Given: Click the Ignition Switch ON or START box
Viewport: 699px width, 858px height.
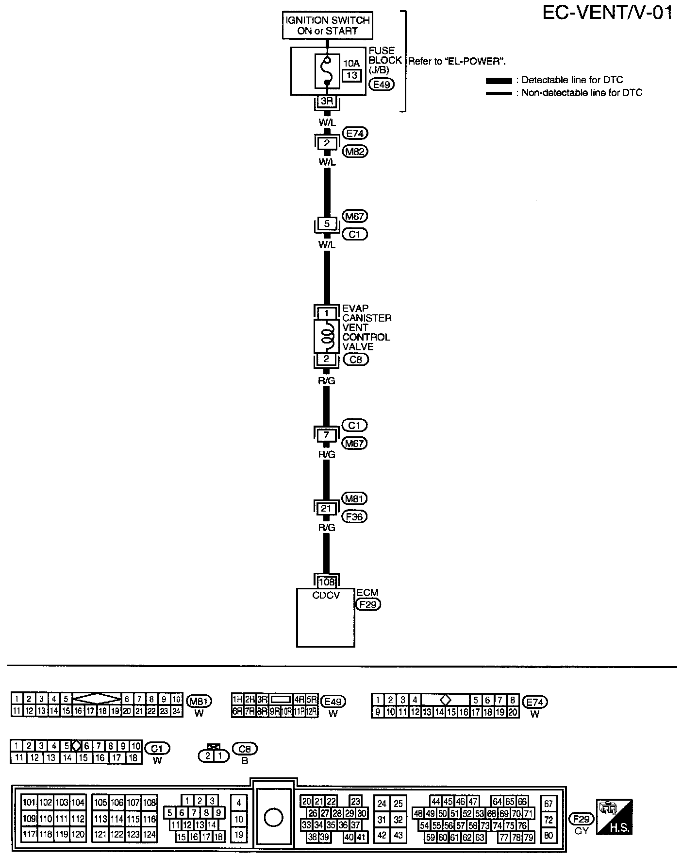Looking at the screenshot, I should click(x=328, y=26).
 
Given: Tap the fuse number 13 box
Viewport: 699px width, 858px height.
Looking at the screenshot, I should click(x=352, y=75).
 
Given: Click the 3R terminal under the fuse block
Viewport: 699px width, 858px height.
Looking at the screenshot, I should click(x=327, y=102).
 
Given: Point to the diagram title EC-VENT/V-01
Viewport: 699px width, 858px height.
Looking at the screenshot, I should click(x=607, y=13).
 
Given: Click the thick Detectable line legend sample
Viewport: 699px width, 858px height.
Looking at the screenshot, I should click(x=499, y=81).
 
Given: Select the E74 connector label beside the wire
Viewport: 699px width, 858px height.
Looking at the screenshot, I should click(x=355, y=133).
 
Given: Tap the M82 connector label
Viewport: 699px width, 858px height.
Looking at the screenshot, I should click(x=355, y=152).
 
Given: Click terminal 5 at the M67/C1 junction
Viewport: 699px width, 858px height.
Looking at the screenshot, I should click(x=327, y=224).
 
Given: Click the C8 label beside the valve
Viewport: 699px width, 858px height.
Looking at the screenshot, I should click(x=356, y=360).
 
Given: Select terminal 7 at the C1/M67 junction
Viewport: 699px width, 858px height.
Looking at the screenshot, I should click(x=326, y=435).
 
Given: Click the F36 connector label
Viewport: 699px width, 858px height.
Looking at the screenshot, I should click(x=355, y=516).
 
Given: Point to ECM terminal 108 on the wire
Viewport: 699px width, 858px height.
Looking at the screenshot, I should click(x=326, y=581).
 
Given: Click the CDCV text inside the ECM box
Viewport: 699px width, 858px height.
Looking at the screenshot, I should click(x=326, y=595).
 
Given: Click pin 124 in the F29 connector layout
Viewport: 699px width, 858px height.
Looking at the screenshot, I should click(x=149, y=835).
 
